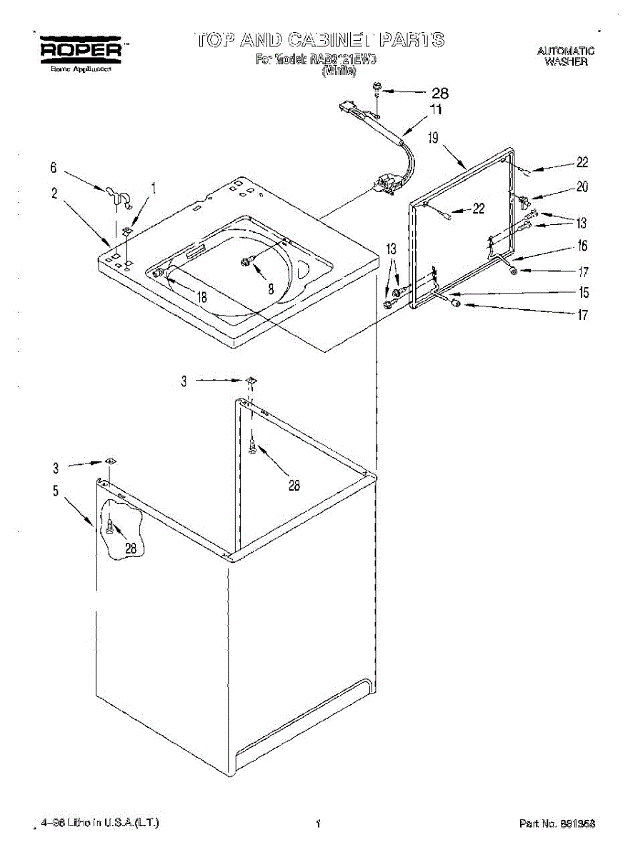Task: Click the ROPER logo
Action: point(79,50)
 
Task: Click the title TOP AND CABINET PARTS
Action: point(319,39)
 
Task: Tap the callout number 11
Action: point(435,110)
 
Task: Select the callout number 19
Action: point(433,138)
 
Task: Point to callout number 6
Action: point(53,169)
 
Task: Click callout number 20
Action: point(582,186)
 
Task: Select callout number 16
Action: point(583,246)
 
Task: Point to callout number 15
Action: point(583,293)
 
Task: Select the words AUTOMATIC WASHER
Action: point(565,56)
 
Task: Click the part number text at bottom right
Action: point(557,823)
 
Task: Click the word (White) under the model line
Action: point(339,71)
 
